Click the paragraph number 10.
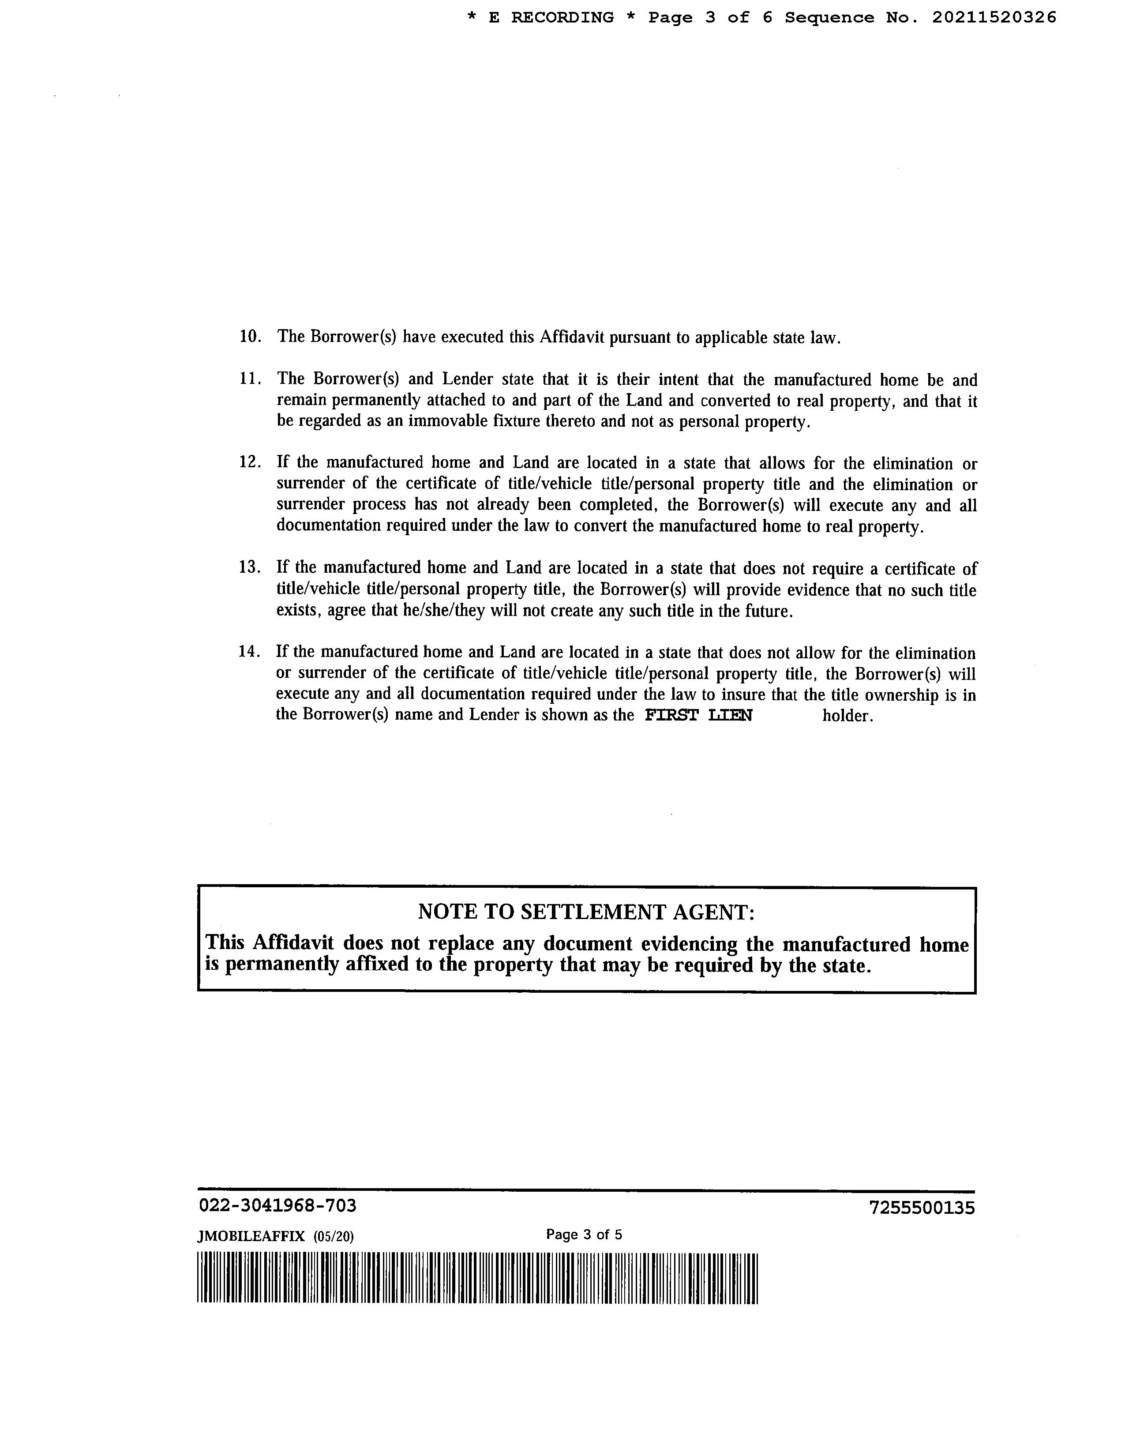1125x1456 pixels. point(250,336)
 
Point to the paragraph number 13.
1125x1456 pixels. point(250,567)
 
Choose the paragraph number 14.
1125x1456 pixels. point(249,651)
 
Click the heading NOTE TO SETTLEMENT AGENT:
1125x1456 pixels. point(586,912)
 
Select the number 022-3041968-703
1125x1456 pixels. point(277,1205)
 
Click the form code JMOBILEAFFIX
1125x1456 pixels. point(251,1237)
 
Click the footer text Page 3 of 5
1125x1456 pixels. point(584,1234)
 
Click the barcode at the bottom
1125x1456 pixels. point(478,1278)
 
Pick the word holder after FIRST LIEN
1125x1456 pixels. point(847,716)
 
